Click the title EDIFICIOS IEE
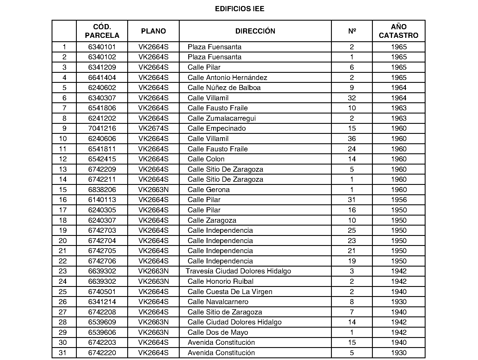pyautogui.click(x=240, y=9)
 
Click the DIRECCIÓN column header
pyautogui.click(x=255, y=31)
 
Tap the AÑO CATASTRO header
pyautogui.click(x=399, y=31)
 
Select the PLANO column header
pyautogui.click(x=153, y=31)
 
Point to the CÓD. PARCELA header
pyautogui.click(x=102, y=31)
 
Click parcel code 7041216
pyautogui.click(x=102, y=128)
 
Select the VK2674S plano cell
pyautogui.click(x=153, y=128)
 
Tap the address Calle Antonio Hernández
pyautogui.click(x=227, y=77)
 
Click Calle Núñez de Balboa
pyautogui.click(x=224, y=88)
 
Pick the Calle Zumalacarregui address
pyautogui.click(x=222, y=118)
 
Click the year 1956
pyautogui.click(x=399, y=200)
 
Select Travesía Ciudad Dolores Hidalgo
pyautogui.click(x=238, y=271)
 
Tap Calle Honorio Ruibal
pyautogui.click(x=220, y=281)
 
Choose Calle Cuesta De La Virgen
pyautogui.click(x=230, y=292)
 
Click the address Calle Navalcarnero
pyautogui.click(x=218, y=302)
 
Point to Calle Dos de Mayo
pyautogui.click(x=218, y=332)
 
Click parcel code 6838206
pyautogui.click(x=102, y=190)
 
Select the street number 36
pyautogui.click(x=352, y=139)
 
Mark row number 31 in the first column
pyautogui.click(x=62, y=353)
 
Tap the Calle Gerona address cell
pyautogui.click(x=209, y=190)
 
